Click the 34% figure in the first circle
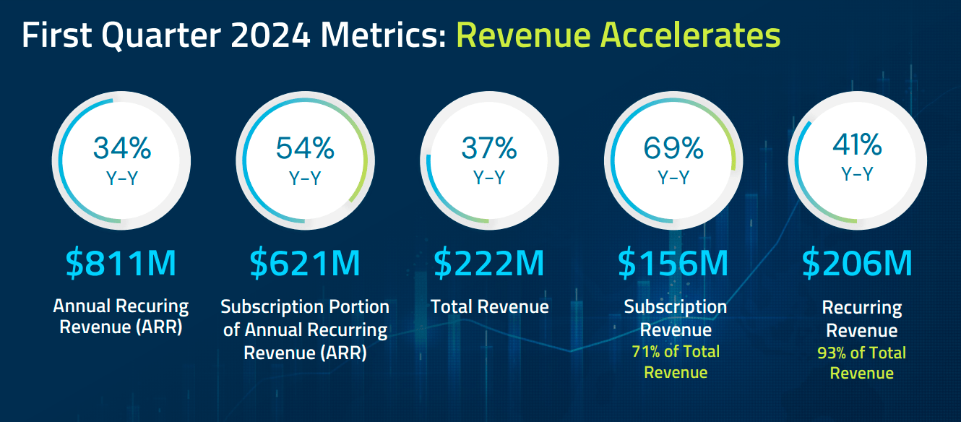click(x=121, y=148)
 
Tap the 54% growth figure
click(x=305, y=148)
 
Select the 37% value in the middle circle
click(x=489, y=148)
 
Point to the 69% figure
click(x=673, y=148)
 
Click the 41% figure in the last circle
click(x=857, y=145)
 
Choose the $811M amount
click(x=121, y=264)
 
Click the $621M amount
click(x=305, y=264)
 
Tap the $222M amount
click(x=489, y=264)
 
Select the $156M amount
click(x=673, y=264)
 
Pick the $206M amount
click(x=858, y=264)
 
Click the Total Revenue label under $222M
click(x=490, y=307)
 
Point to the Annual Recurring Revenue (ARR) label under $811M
click(x=121, y=316)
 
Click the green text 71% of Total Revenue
click(x=676, y=362)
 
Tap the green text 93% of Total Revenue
click(x=861, y=363)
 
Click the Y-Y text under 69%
click(x=673, y=177)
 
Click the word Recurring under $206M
click(x=862, y=309)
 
